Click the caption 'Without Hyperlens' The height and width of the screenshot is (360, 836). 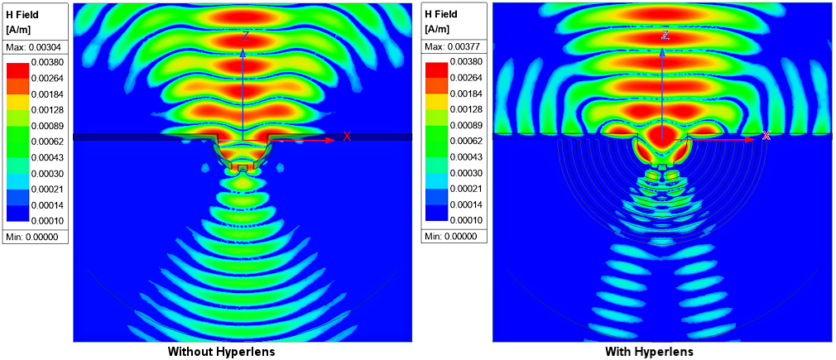221,352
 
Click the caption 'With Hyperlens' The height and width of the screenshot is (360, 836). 650,352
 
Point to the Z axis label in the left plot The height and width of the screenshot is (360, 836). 246,36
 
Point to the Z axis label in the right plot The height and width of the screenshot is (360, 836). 665,36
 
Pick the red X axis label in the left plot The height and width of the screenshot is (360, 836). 347,137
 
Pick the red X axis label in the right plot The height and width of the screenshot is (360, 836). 766,135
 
